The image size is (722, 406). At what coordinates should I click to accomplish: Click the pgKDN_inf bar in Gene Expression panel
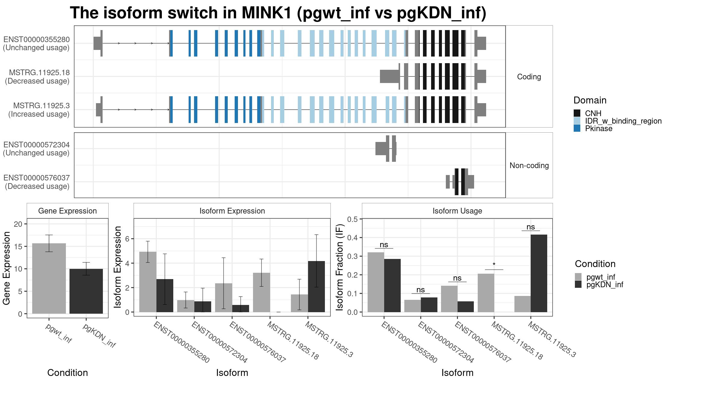tap(86, 291)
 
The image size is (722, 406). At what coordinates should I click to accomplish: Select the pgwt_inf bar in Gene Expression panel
tap(49, 278)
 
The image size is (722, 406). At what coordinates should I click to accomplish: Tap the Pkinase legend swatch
tap(577, 128)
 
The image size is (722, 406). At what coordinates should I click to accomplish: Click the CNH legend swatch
tap(577, 113)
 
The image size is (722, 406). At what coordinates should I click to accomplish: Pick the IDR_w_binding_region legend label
tap(623, 121)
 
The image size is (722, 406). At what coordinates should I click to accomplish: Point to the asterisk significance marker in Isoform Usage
tap(494, 265)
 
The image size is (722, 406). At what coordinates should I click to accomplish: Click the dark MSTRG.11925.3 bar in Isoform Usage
tap(539, 273)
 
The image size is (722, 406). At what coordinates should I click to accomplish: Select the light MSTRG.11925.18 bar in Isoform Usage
tap(486, 293)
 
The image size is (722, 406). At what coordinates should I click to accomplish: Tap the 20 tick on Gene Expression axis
tap(18, 224)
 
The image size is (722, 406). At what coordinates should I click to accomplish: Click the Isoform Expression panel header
tap(232, 211)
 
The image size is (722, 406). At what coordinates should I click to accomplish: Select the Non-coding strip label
tap(529, 165)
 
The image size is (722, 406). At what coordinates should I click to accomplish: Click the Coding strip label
tap(529, 77)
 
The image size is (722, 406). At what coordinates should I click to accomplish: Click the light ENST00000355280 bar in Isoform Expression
tap(148, 282)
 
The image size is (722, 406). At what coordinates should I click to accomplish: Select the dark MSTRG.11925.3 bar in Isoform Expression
tap(316, 287)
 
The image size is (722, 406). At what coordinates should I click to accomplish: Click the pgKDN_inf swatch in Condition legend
tap(578, 285)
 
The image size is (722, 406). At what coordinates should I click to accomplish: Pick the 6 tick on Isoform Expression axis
tap(127, 239)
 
